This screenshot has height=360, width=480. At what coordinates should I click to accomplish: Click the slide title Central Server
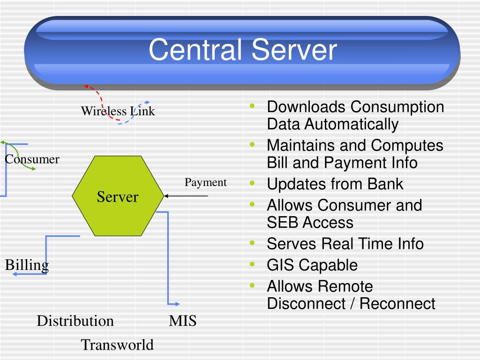coord(243,50)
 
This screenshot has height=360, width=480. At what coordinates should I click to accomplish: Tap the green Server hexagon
coord(118,196)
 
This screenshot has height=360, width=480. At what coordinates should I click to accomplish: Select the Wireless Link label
coord(118,111)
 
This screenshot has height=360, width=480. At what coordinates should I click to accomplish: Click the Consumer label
coord(32,159)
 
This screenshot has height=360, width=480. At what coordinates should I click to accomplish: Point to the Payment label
coord(205,182)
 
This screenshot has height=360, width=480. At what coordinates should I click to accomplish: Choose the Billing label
coord(27,265)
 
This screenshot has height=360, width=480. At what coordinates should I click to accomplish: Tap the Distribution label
coord(75,321)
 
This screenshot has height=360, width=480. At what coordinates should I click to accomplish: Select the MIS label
coord(182,321)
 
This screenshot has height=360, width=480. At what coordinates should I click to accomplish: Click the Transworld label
coord(117,345)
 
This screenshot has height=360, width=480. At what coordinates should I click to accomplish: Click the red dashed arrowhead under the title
coord(86,86)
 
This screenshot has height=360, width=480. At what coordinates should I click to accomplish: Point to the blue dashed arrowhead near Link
coord(147,102)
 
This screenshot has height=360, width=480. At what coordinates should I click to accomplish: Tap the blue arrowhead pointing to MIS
coord(177,304)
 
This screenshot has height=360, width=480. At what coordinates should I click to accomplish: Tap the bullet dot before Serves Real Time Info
coord(253,243)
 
